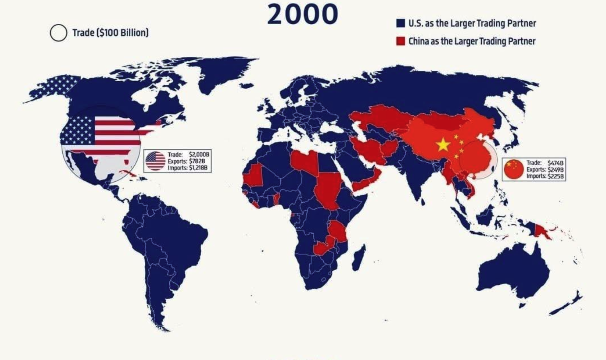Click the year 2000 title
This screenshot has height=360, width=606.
(x=302, y=14)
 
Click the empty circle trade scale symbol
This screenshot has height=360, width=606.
(x=58, y=33)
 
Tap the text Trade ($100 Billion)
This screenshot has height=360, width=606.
(x=110, y=33)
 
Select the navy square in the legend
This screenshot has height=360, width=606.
(x=400, y=23)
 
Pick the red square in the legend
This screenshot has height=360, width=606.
(x=400, y=41)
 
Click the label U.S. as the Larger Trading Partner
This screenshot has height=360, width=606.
(x=472, y=23)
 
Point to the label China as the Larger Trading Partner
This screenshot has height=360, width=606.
(x=472, y=41)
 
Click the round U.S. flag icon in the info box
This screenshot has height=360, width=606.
(x=155, y=161)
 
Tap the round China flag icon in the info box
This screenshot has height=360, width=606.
(x=514, y=169)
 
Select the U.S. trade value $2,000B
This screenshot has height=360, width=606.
(x=199, y=154)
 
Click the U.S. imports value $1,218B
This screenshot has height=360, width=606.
(x=198, y=168)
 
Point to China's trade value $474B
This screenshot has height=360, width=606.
(x=556, y=163)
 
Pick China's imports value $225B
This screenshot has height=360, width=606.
(x=556, y=176)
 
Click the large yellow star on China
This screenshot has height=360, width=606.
(x=442, y=144)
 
